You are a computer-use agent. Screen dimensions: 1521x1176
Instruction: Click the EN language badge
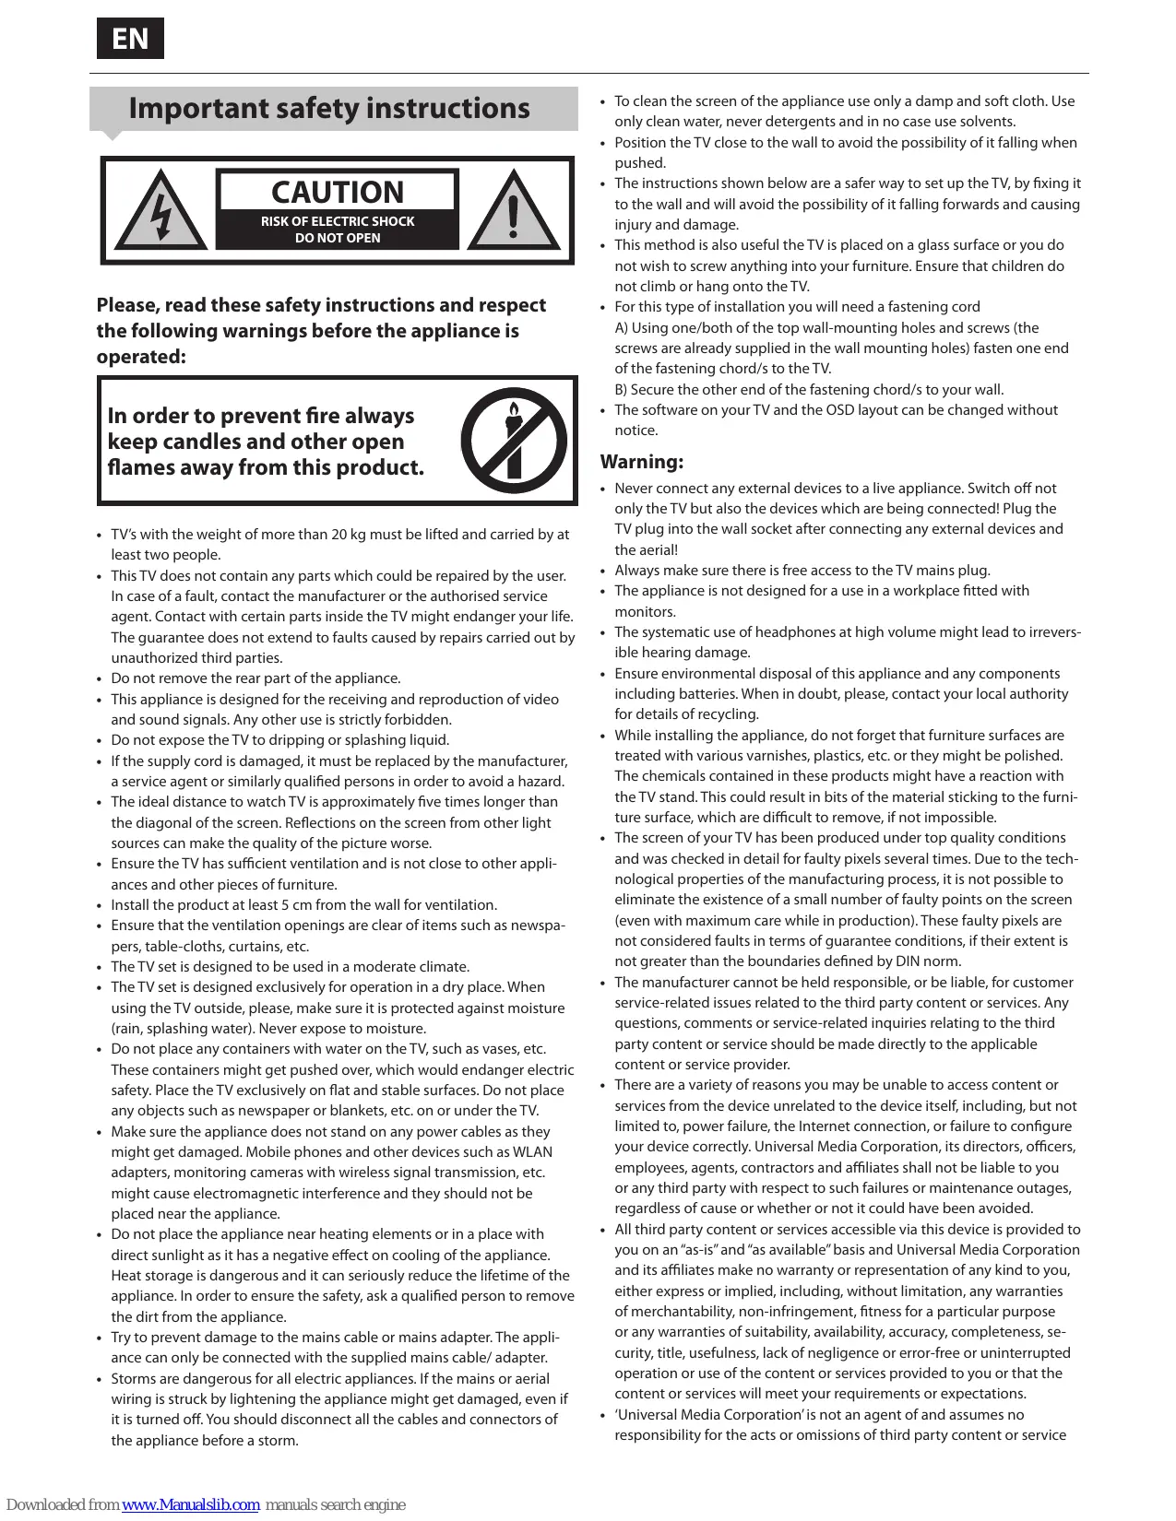[130, 39]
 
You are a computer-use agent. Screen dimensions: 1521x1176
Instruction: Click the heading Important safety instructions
[329, 109]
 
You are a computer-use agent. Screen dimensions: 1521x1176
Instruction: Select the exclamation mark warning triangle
[514, 211]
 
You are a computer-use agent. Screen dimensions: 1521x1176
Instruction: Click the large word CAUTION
[338, 192]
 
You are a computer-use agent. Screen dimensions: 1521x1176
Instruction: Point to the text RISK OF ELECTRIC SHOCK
[338, 221]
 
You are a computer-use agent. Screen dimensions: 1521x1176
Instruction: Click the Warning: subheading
[642, 462]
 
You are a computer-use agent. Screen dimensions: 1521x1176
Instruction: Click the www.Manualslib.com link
[191, 1504]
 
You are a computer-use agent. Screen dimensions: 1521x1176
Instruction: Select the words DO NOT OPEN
[338, 238]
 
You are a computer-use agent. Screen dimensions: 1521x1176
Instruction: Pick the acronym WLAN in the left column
[532, 1152]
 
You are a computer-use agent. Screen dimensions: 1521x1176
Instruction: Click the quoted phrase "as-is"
[694, 1250]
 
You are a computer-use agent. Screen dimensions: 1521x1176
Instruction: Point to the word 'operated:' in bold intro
[141, 357]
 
